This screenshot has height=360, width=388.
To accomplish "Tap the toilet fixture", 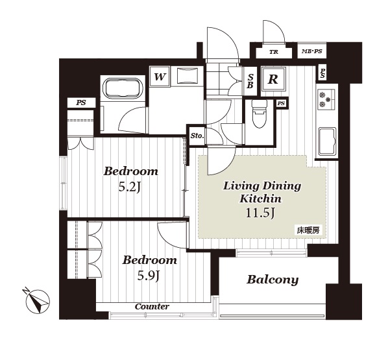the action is coord(259,114).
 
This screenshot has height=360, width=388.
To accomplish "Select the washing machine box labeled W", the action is coord(160,77).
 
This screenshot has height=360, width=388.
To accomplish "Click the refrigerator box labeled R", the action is coord(273,79).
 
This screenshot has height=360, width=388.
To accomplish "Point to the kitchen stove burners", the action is coord(324,99).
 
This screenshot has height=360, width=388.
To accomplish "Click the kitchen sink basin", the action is coord(327,141).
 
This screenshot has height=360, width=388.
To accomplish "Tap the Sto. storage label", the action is coord(197,136).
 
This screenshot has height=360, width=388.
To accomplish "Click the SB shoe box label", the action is coord(250,81).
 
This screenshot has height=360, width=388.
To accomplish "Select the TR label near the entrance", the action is coord(274,52).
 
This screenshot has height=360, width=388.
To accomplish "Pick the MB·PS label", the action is coord(312,51).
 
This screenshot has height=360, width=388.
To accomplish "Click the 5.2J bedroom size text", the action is coord(130,187).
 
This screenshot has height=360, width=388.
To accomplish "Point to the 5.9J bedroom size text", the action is coord(148,276).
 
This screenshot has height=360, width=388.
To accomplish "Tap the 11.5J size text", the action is coord(260,213).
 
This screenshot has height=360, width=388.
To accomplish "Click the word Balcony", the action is coord(273,280).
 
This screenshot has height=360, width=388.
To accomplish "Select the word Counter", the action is coord(152,307).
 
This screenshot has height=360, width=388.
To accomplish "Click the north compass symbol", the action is coord(38,300).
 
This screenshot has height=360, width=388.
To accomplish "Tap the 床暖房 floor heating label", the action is coord(308,230).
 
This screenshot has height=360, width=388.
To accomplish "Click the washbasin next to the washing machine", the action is coord(187,76).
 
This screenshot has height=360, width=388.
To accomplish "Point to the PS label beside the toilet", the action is coord(281,103).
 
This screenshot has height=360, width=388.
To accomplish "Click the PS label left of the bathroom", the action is coord(81,102).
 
